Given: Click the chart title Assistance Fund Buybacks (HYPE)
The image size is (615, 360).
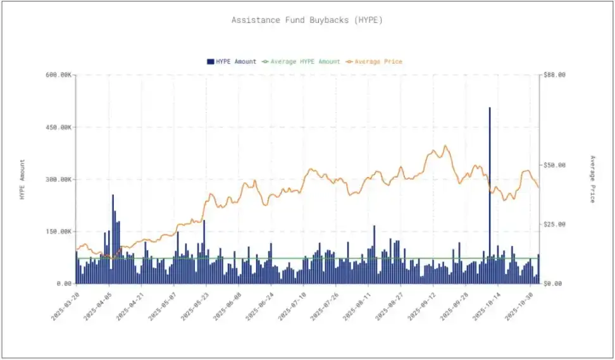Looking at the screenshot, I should tap(307, 20).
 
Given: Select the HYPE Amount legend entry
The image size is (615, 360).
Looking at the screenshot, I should tap(232, 61).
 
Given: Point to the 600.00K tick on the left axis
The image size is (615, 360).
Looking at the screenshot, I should tap(58, 75).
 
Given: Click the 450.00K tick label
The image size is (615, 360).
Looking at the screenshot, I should tap(58, 127).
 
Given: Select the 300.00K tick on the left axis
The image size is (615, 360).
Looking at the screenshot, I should tap(58, 180).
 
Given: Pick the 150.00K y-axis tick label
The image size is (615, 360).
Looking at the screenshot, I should tap(58, 232).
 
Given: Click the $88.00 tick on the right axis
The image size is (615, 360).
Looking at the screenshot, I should tap(554, 75).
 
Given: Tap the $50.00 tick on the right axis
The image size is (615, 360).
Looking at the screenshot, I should tap(554, 165).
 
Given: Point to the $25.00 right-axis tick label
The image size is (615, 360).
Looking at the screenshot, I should tap(554, 225).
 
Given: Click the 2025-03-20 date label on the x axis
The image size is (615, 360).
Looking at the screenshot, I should tap(66, 306).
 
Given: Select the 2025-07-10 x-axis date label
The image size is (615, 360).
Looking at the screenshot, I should tap(293, 306).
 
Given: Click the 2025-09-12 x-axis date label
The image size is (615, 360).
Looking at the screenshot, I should tap(423, 306).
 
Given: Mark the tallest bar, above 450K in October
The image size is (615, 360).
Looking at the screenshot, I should tap(489, 190).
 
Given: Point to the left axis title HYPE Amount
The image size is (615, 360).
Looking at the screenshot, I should tap(23, 180).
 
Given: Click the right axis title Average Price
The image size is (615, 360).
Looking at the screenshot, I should tap(592, 179).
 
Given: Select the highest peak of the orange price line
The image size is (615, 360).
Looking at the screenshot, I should tap(445, 146).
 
